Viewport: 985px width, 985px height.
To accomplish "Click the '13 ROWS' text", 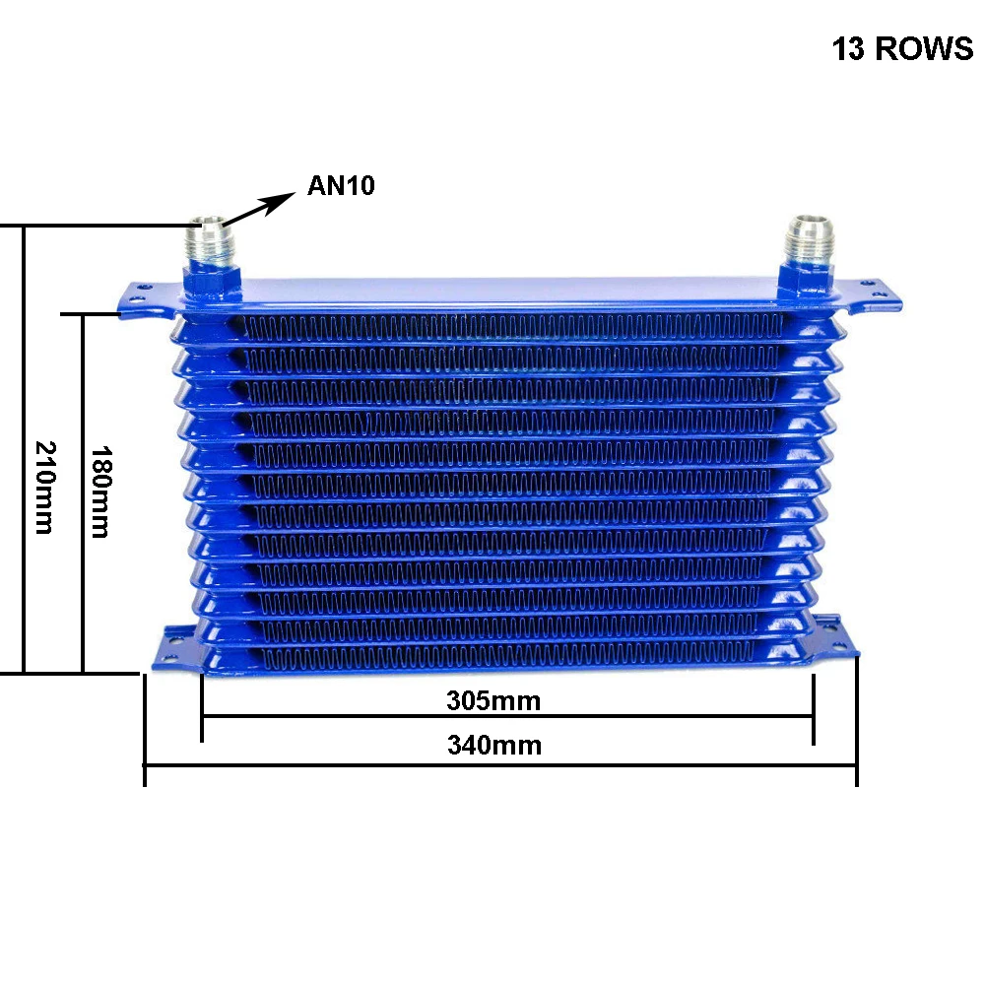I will click(x=902, y=49).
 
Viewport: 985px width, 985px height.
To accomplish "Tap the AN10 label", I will click(x=341, y=185).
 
